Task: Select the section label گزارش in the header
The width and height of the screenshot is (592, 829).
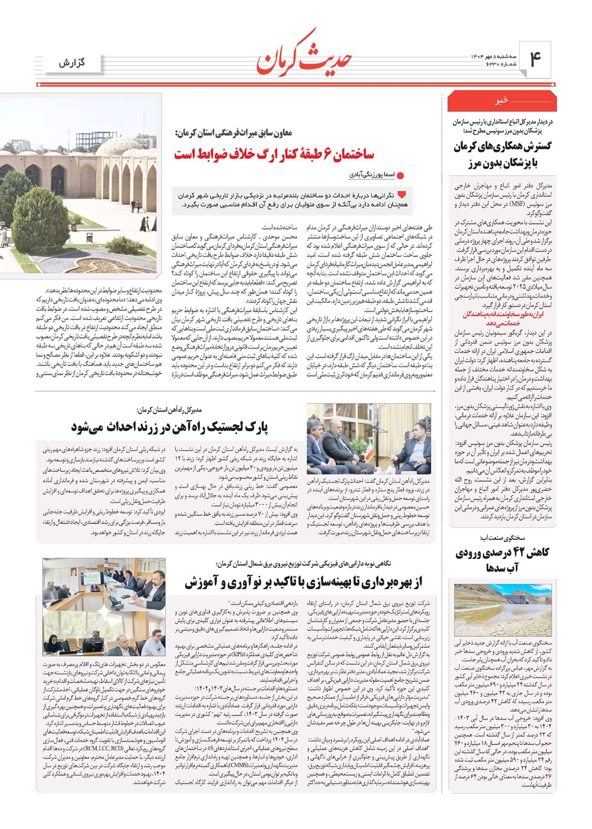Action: pos(72,63)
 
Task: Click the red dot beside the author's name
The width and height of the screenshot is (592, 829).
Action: pos(400,176)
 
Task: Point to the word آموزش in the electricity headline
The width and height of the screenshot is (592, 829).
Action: pos(202,583)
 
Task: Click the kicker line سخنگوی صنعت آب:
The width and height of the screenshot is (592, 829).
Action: pos(501,538)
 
